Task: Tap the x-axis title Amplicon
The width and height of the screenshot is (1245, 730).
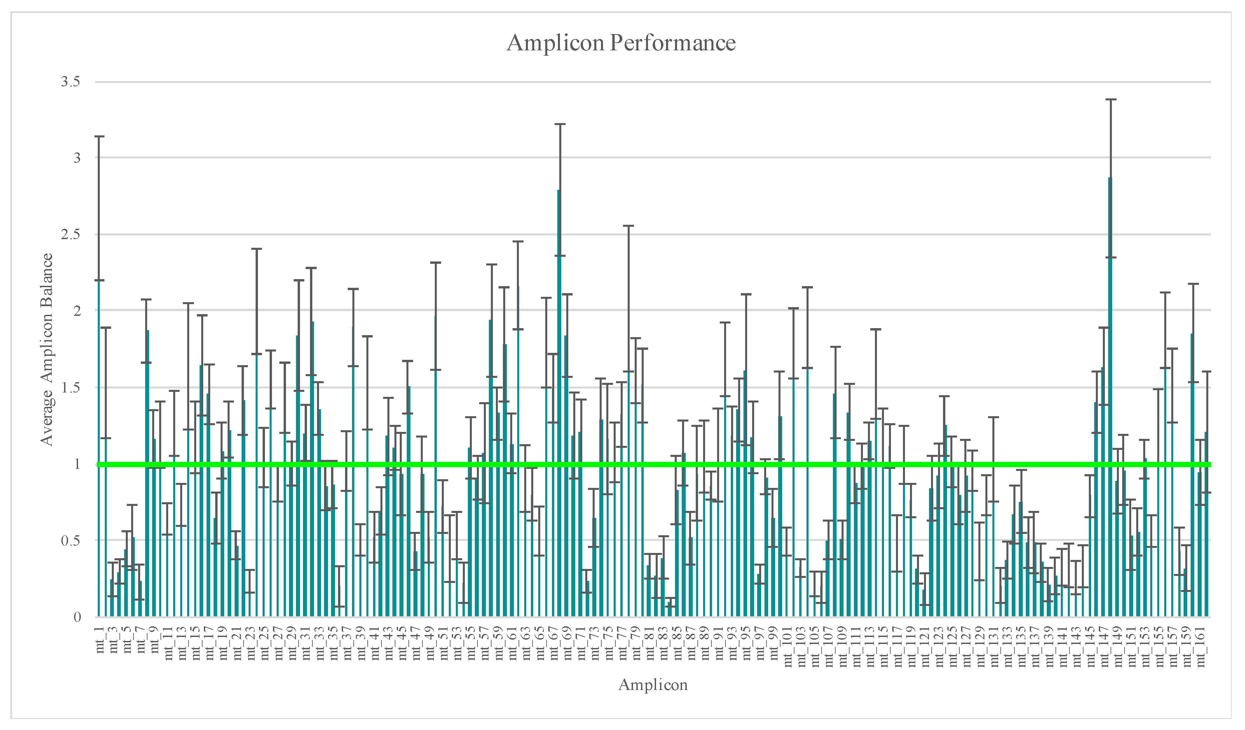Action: [x=653, y=685]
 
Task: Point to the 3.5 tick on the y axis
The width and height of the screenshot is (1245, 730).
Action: [x=71, y=82]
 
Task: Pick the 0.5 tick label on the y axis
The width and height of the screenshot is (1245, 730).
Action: [x=71, y=540]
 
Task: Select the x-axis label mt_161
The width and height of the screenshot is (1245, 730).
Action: [x=1201, y=647]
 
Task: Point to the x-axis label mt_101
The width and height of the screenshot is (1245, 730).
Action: [x=789, y=647]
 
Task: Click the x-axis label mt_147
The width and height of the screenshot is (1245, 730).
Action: [x=1105, y=647]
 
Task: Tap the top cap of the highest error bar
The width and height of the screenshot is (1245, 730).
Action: [x=1111, y=100]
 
